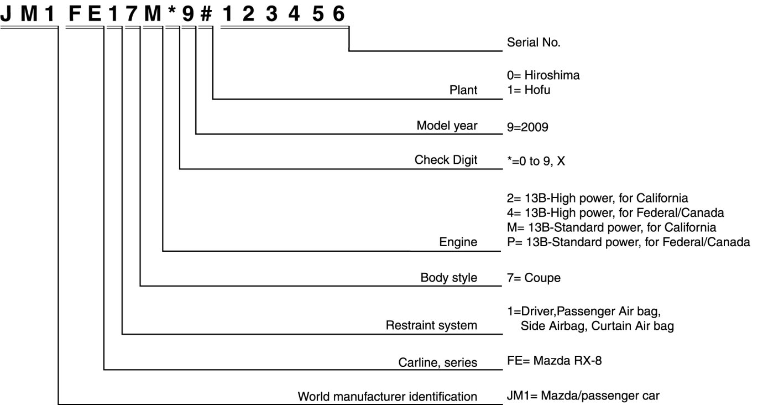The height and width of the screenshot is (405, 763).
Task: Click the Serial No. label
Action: (534, 43)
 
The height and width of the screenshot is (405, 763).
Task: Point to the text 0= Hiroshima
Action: (543, 75)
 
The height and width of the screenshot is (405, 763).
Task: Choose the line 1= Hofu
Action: (528, 90)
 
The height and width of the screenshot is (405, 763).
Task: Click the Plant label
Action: (463, 90)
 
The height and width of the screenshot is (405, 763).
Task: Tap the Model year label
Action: (447, 126)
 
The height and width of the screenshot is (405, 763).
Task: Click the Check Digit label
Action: (446, 160)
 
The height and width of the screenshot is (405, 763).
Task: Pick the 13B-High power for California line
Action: (597, 198)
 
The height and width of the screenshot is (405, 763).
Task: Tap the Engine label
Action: (458, 242)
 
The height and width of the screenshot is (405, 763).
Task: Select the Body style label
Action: (449, 277)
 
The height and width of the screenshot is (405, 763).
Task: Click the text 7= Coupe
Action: (533, 278)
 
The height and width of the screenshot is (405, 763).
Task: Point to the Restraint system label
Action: (431, 325)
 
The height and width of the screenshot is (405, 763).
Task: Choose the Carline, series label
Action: (438, 362)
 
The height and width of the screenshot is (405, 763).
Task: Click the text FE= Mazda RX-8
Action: (553, 362)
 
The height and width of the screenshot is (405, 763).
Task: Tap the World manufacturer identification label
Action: (388, 396)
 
